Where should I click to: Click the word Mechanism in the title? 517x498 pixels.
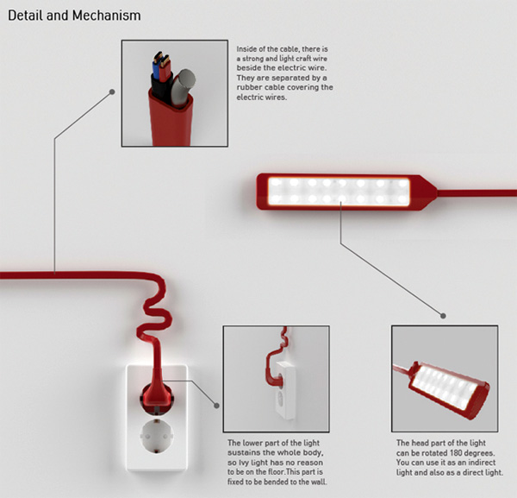tap(107, 16)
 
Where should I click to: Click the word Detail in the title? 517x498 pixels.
tap(26, 16)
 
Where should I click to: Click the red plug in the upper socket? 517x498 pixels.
tap(158, 393)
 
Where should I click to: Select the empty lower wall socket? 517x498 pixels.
tap(157, 437)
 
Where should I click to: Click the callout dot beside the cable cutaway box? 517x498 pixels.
tap(112, 91)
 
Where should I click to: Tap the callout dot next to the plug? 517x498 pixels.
tap(216, 405)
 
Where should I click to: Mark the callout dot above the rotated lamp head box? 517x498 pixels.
tap(443, 316)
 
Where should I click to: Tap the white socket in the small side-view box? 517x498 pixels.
tap(284, 390)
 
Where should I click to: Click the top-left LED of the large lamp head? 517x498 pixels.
tap(276, 182)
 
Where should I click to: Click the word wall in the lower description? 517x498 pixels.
tap(319, 482)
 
